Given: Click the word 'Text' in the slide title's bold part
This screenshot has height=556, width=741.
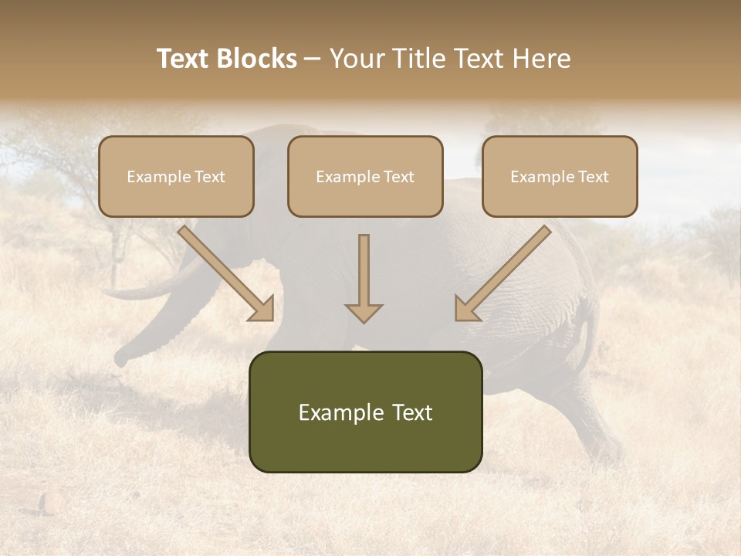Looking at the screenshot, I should [x=182, y=59].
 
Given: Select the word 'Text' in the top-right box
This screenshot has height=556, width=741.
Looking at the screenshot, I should [x=593, y=177].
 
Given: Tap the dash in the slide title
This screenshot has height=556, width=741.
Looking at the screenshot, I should [x=313, y=59].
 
